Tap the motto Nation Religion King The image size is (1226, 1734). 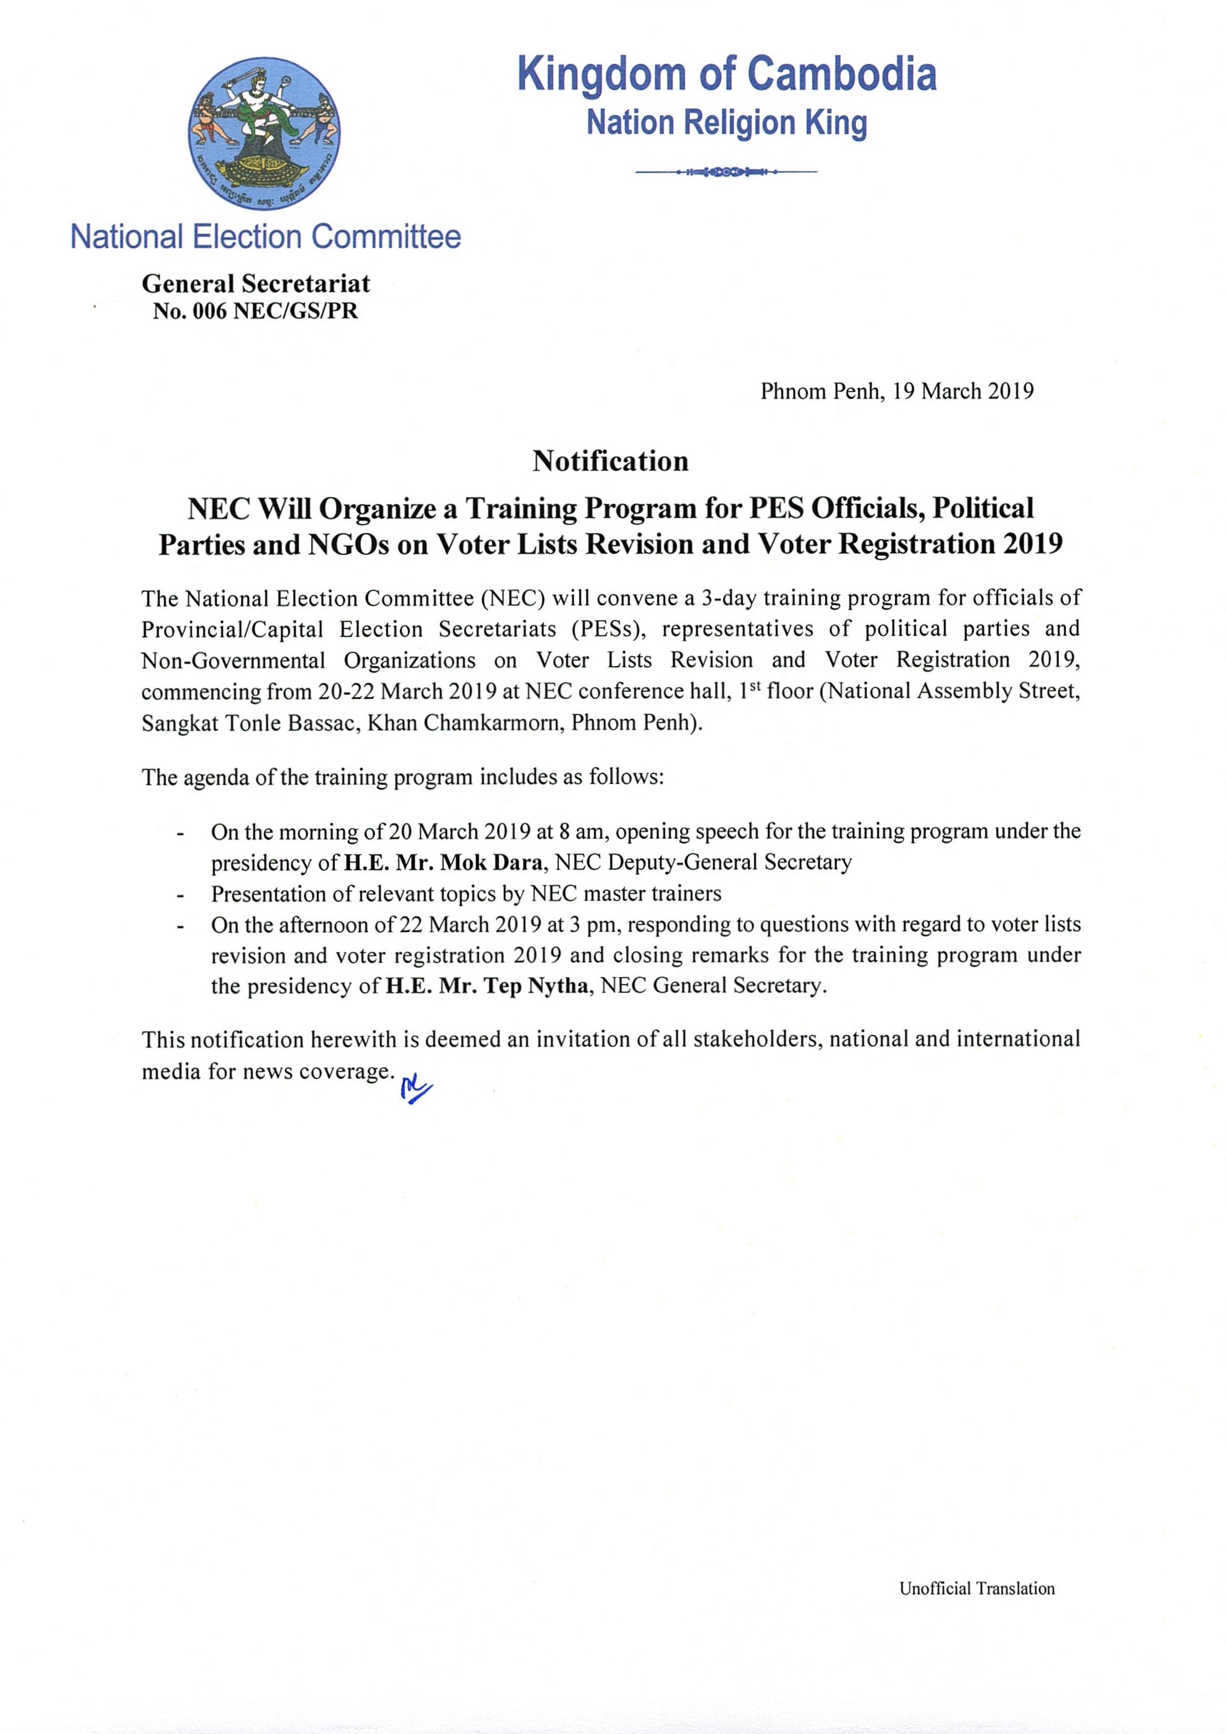pyautogui.click(x=727, y=123)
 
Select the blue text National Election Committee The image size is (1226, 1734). pyautogui.click(x=265, y=237)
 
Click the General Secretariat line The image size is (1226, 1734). pyautogui.click(x=255, y=284)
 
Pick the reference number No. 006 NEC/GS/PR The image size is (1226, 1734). pyautogui.click(x=255, y=311)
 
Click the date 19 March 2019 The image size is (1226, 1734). pyautogui.click(x=963, y=391)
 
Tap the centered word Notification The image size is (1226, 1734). pyautogui.click(x=611, y=461)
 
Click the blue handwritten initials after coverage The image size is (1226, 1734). pyautogui.click(x=416, y=1088)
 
